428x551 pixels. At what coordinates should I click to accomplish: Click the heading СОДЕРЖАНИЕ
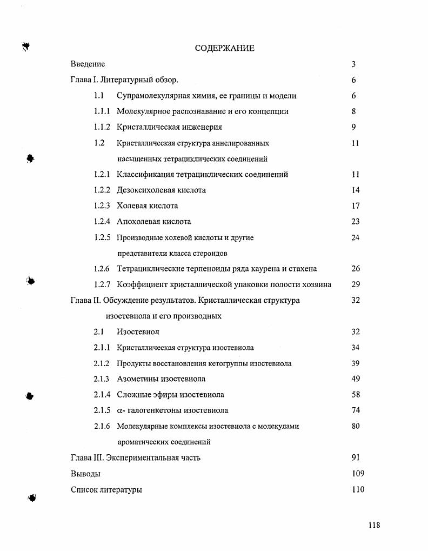coord(224,48)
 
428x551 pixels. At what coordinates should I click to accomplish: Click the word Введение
coord(88,64)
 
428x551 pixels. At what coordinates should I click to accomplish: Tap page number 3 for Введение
coord(353,64)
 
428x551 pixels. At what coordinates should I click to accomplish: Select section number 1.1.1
coord(102,111)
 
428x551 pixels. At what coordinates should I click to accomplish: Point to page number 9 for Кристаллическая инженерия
coord(353,127)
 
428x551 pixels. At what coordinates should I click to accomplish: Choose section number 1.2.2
coord(102,190)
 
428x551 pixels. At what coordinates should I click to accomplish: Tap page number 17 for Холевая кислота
coord(355,205)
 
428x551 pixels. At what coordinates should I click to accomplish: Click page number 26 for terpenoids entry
coord(355,268)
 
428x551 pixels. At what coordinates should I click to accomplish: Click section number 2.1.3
coord(102,379)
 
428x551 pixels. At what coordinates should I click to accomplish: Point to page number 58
coord(355,395)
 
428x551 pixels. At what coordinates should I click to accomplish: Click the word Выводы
coord(85,474)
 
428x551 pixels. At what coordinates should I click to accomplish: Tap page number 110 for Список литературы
coord(358,489)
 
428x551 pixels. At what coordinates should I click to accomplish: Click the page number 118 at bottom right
coord(374,525)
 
